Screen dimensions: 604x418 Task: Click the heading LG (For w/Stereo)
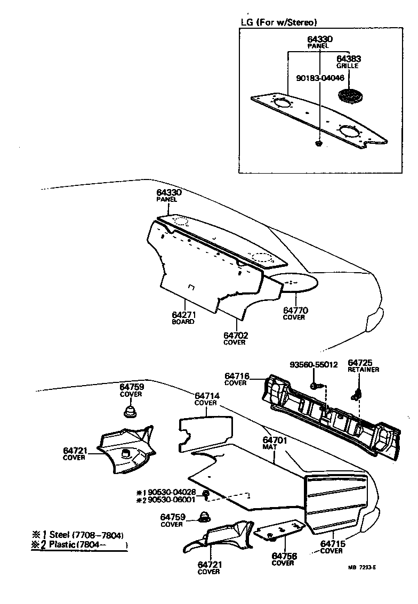(279, 22)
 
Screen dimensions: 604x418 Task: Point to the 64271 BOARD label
(183, 318)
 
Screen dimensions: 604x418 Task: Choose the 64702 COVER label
(235, 338)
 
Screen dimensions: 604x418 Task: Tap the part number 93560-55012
(313, 365)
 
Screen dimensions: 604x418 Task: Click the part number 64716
(235, 376)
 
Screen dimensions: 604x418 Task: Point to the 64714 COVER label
(206, 399)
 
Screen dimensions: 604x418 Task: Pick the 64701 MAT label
(275, 444)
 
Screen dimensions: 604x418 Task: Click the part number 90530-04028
(172, 492)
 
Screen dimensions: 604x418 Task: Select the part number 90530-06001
(172, 500)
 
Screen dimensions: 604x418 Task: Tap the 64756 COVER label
(283, 559)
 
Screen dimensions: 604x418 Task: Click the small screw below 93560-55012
(315, 384)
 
